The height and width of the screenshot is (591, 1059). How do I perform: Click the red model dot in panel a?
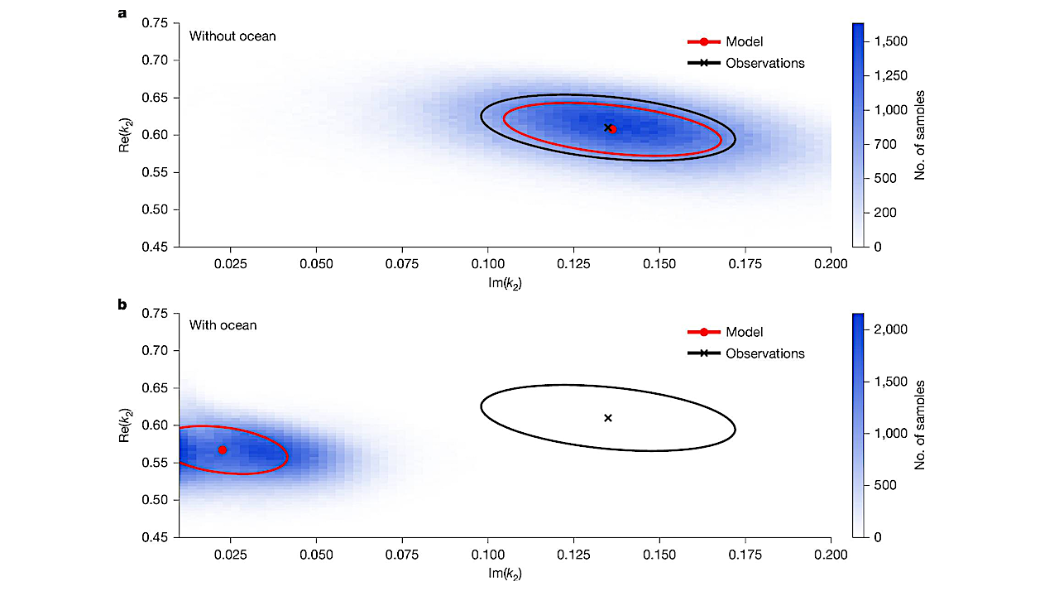point(612,129)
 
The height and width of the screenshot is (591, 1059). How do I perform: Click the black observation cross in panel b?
point(608,418)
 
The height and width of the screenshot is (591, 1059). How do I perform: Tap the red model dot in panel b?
point(223,449)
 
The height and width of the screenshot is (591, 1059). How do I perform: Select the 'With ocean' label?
point(223,325)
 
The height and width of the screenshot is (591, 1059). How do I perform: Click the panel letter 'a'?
point(122,14)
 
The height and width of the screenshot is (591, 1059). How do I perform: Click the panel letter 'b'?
point(122,304)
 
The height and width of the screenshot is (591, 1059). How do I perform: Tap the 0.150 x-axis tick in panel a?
point(659,263)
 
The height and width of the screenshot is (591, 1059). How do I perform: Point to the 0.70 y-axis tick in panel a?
point(154,60)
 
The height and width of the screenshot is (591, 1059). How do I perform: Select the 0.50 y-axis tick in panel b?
point(154,500)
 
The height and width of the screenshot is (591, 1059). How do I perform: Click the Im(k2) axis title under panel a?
point(504,283)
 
